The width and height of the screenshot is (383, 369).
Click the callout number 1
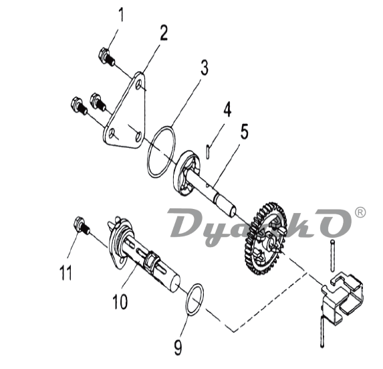[121, 15]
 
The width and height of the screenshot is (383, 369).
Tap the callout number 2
[164, 33]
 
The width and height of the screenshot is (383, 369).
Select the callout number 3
[205, 68]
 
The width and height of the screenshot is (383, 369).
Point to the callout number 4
[227, 110]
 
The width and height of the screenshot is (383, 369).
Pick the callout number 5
[244, 131]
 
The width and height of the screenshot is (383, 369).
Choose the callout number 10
[120, 301]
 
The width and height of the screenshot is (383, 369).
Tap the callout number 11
[66, 272]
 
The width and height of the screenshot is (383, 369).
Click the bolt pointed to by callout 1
[106, 56]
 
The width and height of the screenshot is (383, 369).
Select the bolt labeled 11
[82, 226]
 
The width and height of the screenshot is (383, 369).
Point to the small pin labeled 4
[208, 152]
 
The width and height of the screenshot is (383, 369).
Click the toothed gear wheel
[265, 238]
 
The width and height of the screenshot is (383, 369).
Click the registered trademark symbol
[360, 212]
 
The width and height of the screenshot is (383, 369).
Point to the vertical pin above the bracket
[332, 256]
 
